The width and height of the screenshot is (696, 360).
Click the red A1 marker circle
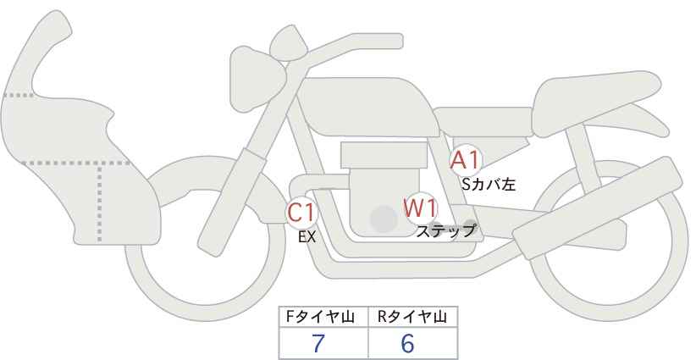(x=465, y=160)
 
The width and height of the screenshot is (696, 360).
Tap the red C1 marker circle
(x=301, y=212)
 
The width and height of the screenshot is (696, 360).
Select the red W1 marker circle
(x=419, y=208)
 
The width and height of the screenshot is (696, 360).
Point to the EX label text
(x=307, y=237)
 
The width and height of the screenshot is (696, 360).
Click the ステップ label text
(x=446, y=230)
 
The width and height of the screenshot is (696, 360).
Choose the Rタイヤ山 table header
(x=412, y=318)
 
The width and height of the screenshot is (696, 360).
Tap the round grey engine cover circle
(x=384, y=220)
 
